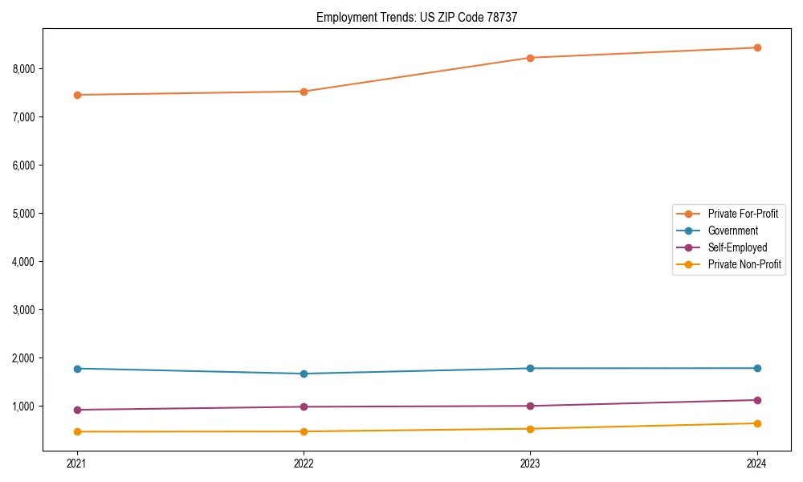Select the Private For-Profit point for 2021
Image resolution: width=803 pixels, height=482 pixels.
point(77,95)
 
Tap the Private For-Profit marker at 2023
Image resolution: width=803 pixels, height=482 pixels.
point(530,58)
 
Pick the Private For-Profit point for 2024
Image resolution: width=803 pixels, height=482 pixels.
point(757,47)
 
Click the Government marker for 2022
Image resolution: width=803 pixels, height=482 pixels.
point(304,374)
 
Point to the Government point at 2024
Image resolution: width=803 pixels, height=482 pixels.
point(757,368)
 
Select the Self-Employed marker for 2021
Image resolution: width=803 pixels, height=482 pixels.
point(77,410)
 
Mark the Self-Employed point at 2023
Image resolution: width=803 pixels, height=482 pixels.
point(530,406)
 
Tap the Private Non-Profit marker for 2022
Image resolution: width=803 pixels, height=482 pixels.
point(304,431)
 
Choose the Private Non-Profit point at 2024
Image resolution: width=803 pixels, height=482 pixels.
point(757,423)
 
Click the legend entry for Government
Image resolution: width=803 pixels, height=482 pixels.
point(732,231)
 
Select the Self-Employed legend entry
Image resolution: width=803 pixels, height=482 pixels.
point(737,247)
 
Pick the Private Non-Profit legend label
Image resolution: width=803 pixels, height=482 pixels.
point(744,264)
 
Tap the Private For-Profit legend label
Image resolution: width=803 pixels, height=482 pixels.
point(743,214)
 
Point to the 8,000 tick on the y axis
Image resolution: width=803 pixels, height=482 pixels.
point(25,69)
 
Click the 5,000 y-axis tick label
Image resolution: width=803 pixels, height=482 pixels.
point(25,214)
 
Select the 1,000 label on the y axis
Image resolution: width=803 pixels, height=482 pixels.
point(25,406)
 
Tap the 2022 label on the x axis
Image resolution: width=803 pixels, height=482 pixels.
point(304,464)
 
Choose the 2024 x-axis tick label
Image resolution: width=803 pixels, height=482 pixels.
point(757,464)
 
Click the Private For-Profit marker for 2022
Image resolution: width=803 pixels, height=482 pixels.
point(304,92)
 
